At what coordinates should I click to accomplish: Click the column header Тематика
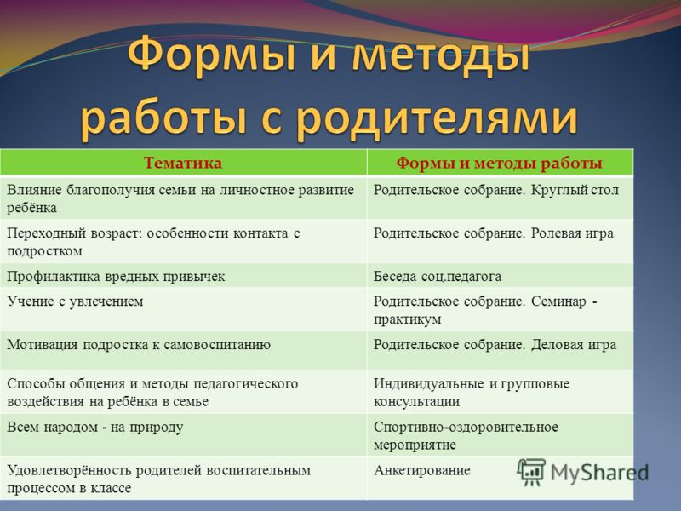[x=183, y=163]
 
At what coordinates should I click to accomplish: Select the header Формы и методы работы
[x=499, y=163]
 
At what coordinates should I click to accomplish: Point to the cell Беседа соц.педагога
[x=438, y=276]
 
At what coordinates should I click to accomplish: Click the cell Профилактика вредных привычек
[x=116, y=276]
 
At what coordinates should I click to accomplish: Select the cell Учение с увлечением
[x=75, y=301]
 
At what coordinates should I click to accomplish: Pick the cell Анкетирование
[x=422, y=471]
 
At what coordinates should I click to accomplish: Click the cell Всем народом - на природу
[x=95, y=428]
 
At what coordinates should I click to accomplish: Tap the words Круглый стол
[x=575, y=190]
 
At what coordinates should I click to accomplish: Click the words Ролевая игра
[x=572, y=233]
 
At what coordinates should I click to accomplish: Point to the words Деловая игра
[x=574, y=345]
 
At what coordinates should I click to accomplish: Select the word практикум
[x=408, y=319]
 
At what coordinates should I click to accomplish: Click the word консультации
[x=416, y=401]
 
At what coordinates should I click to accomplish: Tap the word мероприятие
[x=415, y=445]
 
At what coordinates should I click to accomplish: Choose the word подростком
[x=45, y=251]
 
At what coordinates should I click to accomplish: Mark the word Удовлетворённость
[x=69, y=471]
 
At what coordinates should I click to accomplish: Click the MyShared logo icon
[x=530, y=472]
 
